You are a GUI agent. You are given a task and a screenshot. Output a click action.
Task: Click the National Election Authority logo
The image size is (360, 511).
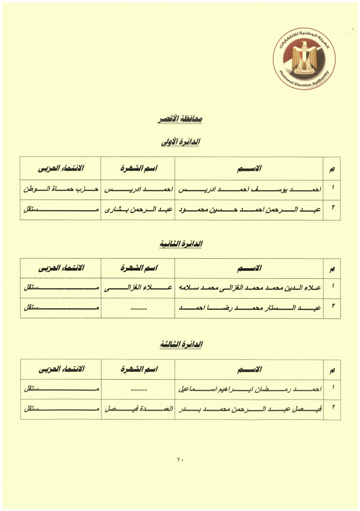[304, 59]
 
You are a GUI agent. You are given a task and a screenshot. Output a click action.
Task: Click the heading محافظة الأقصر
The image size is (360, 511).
[179, 119]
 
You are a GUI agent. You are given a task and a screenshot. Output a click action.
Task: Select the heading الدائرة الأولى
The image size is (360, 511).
[180, 142]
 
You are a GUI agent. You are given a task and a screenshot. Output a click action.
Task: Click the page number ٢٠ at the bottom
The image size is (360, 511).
[180, 460]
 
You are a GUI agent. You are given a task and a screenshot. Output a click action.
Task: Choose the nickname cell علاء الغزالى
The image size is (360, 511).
[138, 288]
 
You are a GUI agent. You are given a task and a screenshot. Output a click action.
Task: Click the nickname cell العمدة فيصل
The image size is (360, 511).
[138, 409]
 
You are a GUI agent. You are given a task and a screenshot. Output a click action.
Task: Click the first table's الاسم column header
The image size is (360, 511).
[249, 168]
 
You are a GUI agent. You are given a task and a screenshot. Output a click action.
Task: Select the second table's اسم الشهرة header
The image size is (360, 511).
[138, 268]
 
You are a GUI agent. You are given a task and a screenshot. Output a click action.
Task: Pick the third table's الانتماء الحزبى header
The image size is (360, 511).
[61, 369]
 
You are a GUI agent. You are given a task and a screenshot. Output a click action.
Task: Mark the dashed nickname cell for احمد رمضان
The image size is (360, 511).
[138, 389]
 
